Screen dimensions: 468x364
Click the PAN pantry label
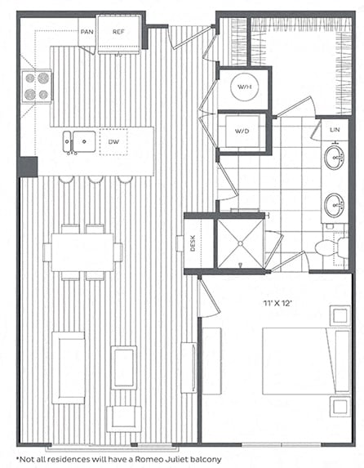pyautogui.click(x=85, y=33)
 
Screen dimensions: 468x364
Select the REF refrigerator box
pyautogui.click(x=118, y=33)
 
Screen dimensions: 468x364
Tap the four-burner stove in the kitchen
pyautogui.click(x=36, y=85)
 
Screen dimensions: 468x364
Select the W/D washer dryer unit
pyautogui.click(x=243, y=131)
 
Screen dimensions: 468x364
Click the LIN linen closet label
pyautogui.click(x=335, y=131)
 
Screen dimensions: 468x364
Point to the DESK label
pyautogui.click(x=193, y=243)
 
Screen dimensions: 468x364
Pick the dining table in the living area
pyautogui.click(x=82, y=252)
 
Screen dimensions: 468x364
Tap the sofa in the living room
pyautogui.click(x=68, y=367)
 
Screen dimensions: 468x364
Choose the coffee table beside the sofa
pyautogui.click(x=124, y=367)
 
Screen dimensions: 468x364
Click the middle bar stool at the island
pyautogui.click(x=96, y=179)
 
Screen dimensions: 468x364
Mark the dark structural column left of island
pyautogui.click(x=28, y=167)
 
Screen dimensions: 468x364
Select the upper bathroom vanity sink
pyautogui.click(x=334, y=158)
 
